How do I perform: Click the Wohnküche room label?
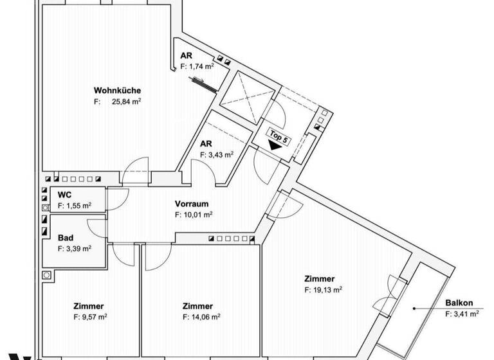click(x=117, y=91)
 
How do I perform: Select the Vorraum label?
click(x=191, y=204)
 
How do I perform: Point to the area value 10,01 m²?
click(x=197, y=215)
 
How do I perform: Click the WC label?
click(x=64, y=195)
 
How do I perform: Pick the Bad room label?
click(x=65, y=237)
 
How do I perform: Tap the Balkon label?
click(x=459, y=303)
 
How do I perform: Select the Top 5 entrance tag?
click(x=278, y=137)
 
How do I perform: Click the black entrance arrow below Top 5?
click(x=277, y=146)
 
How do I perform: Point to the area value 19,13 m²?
click(x=327, y=290)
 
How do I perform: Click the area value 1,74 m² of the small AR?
click(x=201, y=66)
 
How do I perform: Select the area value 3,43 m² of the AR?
click(x=220, y=155)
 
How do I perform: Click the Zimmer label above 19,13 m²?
click(x=320, y=279)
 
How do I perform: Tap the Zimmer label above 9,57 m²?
click(x=89, y=306)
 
